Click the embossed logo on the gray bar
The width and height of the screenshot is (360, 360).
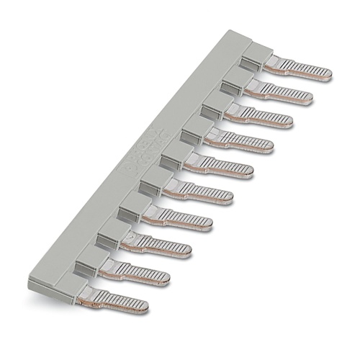coord(142,153)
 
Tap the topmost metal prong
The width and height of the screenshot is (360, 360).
coord(299,69)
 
